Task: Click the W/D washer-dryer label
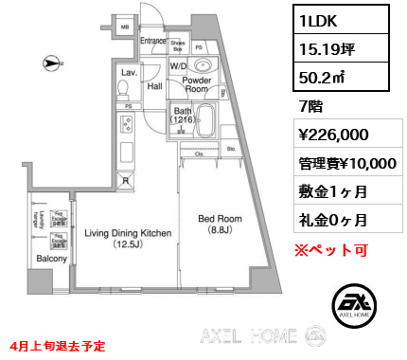178,66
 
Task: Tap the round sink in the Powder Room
203,66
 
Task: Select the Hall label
154,85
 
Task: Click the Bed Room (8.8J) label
221,225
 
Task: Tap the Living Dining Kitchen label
128,238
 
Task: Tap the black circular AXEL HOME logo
358,303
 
